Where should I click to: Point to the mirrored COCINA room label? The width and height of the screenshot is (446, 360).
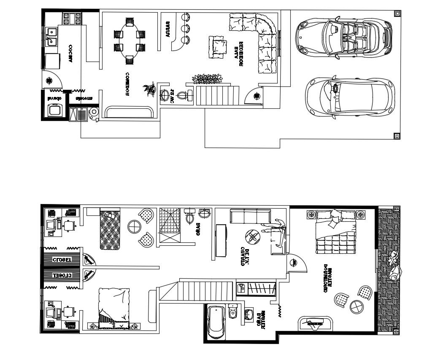tap(71, 54)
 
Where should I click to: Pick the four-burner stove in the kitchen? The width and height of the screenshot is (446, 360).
tap(72, 18)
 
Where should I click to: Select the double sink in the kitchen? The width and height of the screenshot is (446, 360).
tap(53, 36)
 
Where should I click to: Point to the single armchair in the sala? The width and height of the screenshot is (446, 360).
tap(218, 46)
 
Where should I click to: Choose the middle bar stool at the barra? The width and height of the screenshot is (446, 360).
tap(184, 29)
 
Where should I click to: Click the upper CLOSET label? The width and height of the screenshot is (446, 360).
tap(62, 259)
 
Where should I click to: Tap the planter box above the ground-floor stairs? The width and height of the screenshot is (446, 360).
tap(207, 78)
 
